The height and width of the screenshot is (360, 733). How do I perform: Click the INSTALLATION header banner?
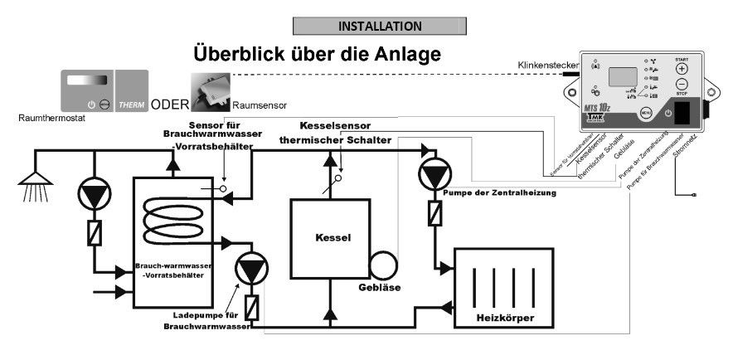380,27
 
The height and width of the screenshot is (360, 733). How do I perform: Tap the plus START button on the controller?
682,70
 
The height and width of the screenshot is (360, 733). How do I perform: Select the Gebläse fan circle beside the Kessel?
384,265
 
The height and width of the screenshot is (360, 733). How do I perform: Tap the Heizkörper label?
505,318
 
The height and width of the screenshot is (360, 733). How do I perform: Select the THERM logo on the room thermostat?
132,105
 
